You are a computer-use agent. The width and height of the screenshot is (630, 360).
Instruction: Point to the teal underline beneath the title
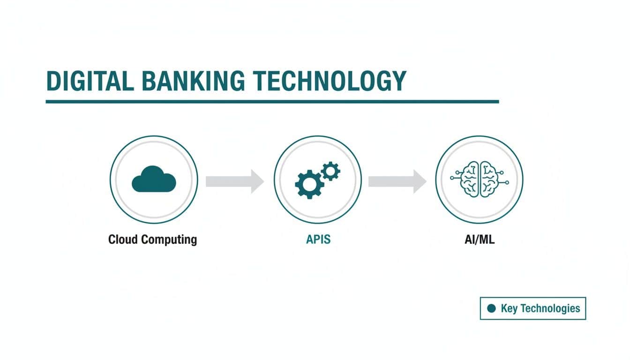coord(272,101)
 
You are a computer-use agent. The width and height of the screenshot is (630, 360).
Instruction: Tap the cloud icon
coord(154,180)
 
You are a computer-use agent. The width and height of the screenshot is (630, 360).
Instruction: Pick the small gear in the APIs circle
coord(331,171)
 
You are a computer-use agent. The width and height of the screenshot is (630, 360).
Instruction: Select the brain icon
coord(479,180)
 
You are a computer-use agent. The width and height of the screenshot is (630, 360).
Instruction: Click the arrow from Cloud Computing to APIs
coord(234,181)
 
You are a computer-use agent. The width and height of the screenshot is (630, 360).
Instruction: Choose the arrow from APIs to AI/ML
coord(397,181)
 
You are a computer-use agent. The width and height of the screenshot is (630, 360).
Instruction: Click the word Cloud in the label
coord(123,240)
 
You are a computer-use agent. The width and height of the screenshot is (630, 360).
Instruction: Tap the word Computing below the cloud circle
coord(169,240)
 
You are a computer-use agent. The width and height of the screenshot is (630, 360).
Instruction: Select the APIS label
coord(318,240)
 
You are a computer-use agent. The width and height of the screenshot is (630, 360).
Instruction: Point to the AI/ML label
coord(479,240)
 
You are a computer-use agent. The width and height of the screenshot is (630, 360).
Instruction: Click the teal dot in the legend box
coord(491,308)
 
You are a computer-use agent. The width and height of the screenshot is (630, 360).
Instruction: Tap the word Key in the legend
coord(510,308)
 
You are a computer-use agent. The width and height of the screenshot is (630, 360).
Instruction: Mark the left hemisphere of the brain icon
coord(470,180)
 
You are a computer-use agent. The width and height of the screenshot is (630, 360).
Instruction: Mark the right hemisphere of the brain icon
coord(488,180)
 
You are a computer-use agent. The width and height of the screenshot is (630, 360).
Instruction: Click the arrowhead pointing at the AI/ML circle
coord(419,181)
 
